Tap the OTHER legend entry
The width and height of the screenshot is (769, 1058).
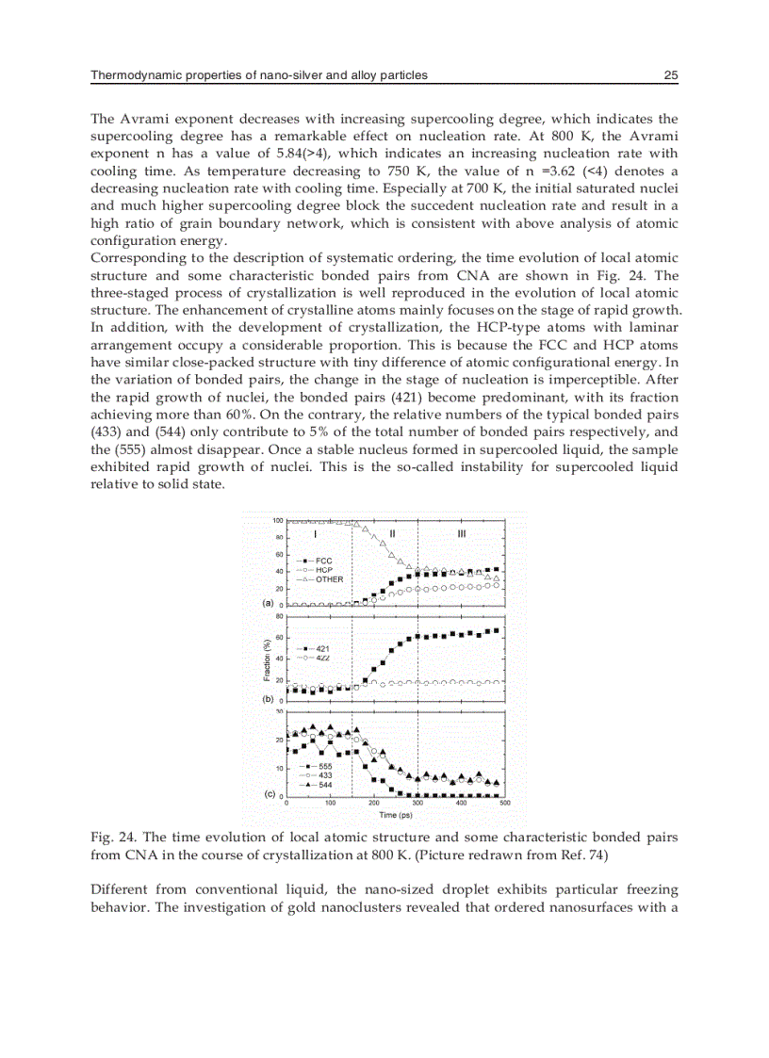(x=323, y=579)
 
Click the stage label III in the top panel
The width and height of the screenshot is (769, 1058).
(x=461, y=533)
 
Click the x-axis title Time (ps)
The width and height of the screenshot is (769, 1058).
(x=396, y=815)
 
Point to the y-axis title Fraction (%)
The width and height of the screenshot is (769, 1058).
(x=268, y=659)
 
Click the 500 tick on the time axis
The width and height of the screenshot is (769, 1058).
(x=504, y=804)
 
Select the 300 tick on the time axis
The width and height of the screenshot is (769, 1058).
(x=417, y=804)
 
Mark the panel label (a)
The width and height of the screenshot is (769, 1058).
(x=268, y=601)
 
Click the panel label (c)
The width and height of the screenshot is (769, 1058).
(x=268, y=794)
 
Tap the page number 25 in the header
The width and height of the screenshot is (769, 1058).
(x=671, y=75)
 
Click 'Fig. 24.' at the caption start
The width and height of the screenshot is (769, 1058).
(x=109, y=837)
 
